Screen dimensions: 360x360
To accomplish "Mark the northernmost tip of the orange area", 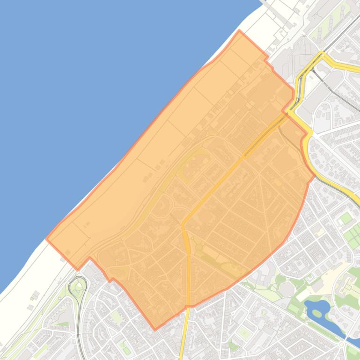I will coord(239,31).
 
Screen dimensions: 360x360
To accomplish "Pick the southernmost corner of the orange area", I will coord(155,330).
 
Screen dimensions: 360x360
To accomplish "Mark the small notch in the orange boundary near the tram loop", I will coord(89,258).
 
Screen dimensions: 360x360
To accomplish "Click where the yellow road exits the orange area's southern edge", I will coord(188,306).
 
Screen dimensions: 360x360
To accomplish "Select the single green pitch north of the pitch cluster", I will coord(345,218).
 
